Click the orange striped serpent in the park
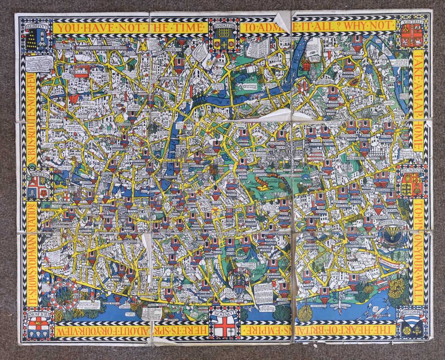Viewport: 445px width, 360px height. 268,179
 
